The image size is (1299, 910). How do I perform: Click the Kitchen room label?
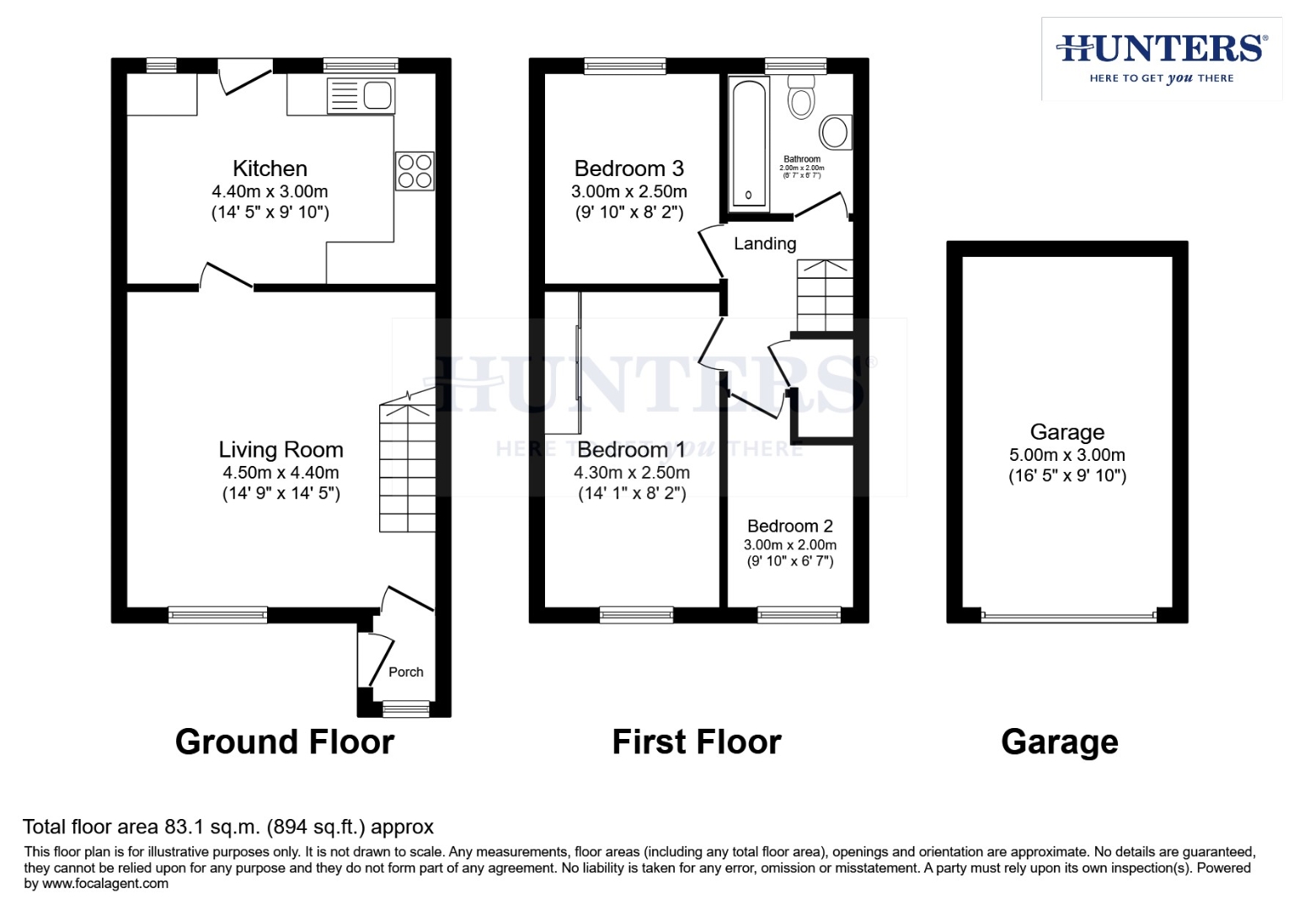[x=270, y=169]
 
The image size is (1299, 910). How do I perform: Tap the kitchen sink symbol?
[x=361, y=94]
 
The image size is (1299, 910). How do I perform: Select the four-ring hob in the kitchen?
[x=414, y=171]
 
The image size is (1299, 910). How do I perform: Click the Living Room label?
[x=281, y=450]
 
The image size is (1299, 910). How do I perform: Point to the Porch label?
[x=405, y=672]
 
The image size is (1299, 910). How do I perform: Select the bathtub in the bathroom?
[x=748, y=142]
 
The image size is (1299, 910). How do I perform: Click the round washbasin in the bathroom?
[x=835, y=132]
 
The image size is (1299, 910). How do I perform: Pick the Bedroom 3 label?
[x=628, y=169]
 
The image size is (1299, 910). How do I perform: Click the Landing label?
[x=764, y=244]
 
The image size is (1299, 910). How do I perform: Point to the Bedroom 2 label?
[x=789, y=527]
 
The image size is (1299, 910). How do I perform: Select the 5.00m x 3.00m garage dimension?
[x=1066, y=455]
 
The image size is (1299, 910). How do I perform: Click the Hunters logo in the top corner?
[x=1161, y=58]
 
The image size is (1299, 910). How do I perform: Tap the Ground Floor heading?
[x=284, y=742]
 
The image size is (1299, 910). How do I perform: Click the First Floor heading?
[x=696, y=742]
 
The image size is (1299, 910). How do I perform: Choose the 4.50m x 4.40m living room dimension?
[x=281, y=473]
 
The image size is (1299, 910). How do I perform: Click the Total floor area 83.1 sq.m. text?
[x=227, y=827]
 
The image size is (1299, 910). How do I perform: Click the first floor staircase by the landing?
[x=825, y=296]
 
